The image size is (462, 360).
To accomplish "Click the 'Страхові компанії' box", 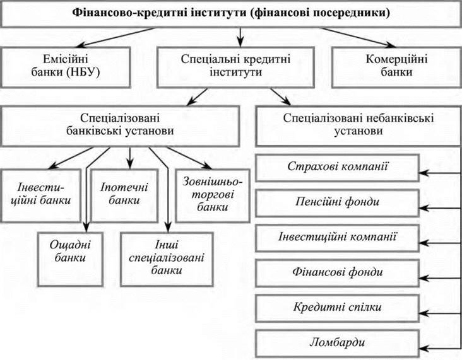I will tap(337, 168).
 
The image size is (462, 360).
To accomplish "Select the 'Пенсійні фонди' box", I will tap(337, 202).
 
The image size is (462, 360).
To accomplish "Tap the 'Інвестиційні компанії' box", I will tap(337, 237).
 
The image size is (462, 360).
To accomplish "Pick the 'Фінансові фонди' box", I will tap(337, 272).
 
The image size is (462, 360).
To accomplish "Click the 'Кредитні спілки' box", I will tap(337, 307).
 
